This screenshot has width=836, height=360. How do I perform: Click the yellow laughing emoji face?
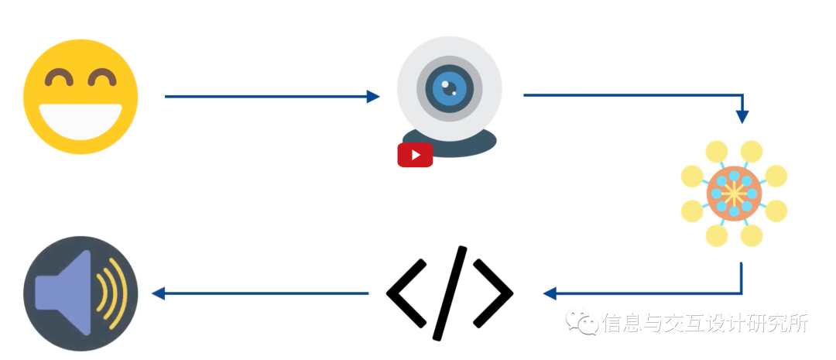pos(81,96)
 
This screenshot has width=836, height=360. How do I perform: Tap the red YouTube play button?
pos(415,155)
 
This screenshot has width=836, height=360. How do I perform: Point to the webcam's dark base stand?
pos(464,143)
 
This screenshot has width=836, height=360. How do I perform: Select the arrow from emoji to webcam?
pos(271,97)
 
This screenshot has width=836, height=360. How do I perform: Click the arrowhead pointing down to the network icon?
pos(742,116)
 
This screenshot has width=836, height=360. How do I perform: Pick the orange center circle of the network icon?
pos(734,194)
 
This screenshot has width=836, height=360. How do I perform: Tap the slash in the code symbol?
pos(450,293)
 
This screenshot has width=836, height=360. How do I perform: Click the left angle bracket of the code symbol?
pos(404,293)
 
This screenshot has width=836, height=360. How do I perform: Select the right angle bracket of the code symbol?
pos(495,293)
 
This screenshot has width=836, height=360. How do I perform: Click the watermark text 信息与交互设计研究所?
pos(704,323)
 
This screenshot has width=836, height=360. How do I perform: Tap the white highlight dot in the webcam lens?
pos(445,84)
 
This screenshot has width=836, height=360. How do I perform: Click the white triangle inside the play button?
pos(416,155)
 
